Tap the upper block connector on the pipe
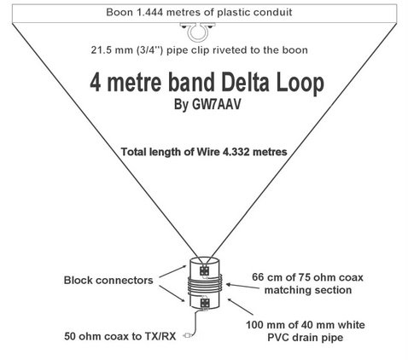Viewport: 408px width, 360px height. [204, 271]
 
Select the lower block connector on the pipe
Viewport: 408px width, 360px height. [204, 303]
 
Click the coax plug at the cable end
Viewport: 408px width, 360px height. [187, 335]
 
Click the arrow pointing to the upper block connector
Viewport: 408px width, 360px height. [172, 271]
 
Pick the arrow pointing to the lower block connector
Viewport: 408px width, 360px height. [172, 293]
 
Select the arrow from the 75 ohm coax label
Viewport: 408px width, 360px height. [242, 286]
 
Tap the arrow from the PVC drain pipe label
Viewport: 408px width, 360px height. [241, 307]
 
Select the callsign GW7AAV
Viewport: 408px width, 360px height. [217, 104]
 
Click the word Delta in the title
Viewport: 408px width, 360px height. [245, 83]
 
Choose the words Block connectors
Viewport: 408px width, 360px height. [108, 281]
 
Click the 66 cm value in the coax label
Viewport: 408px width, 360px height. [265, 277]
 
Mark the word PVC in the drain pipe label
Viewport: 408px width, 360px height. [277, 338]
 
